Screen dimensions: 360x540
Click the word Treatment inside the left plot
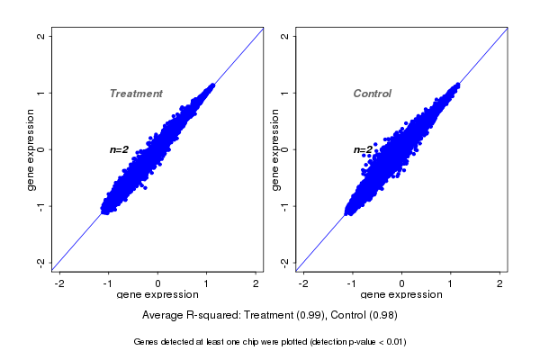(136, 94)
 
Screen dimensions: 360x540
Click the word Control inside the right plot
(373, 94)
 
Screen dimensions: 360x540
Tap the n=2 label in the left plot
(120, 149)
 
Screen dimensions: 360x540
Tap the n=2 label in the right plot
(363, 150)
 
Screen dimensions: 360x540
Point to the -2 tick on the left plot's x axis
(60, 283)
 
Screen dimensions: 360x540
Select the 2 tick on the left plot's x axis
(256, 283)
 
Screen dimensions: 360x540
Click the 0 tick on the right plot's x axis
(401, 283)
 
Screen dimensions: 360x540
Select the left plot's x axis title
(158, 294)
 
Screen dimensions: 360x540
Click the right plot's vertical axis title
(274, 149)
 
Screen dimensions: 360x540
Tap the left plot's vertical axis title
(31, 149)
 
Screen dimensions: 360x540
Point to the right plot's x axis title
(401, 294)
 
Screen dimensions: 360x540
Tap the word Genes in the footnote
(148, 342)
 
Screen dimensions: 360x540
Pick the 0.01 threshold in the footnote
(396, 342)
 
